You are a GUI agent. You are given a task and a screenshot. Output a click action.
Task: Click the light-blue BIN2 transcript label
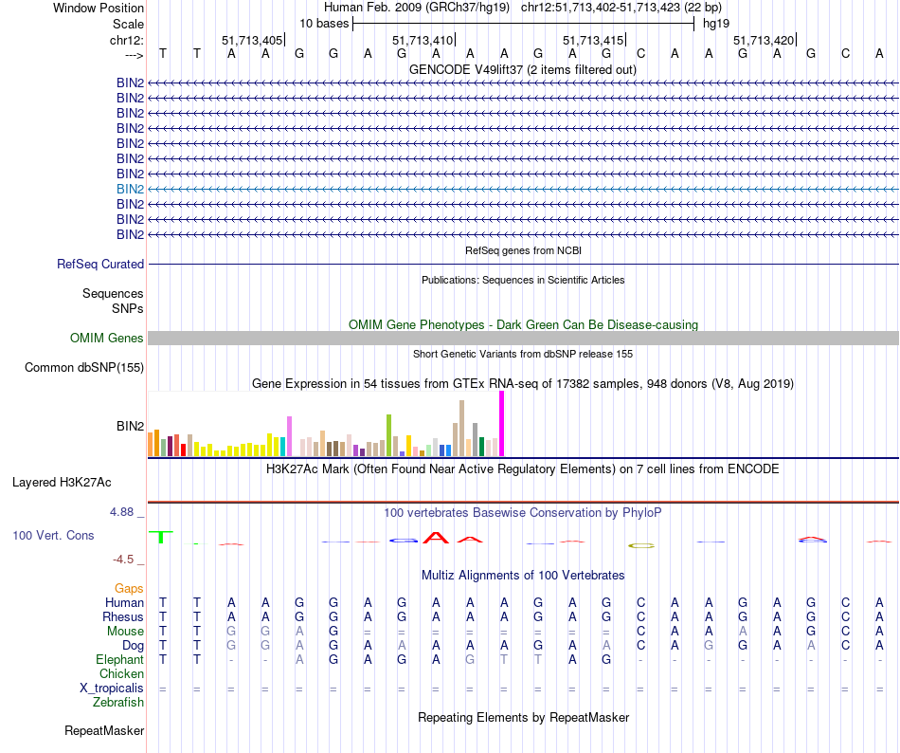pyautogui.click(x=131, y=189)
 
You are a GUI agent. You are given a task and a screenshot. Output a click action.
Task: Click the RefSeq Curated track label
pyautogui.click(x=100, y=265)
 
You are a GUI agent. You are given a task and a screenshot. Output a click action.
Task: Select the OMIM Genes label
pyautogui.click(x=107, y=339)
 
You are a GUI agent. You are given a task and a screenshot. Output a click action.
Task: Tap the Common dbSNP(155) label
pyautogui.click(x=84, y=368)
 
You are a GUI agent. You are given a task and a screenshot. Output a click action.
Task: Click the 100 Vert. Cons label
pyautogui.click(x=53, y=536)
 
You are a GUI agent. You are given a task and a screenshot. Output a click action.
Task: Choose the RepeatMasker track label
pyautogui.click(x=104, y=731)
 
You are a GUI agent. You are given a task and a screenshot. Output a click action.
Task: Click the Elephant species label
pyautogui.click(x=119, y=660)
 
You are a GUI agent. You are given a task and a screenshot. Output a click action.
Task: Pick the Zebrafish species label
pyautogui.click(x=118, y=703)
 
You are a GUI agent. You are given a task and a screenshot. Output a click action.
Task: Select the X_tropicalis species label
pyautogui.click(x=107, y=689)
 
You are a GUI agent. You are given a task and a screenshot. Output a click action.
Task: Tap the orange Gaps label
pyautogui.click(x=129, y=589)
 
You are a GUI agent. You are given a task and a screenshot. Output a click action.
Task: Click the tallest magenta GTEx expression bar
pyautogui.click(x=501, y=423)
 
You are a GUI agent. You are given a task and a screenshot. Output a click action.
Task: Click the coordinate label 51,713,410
pyautogui.click(x=422, y=41)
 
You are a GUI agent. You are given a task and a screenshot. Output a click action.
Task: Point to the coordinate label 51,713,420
pyautogui.click(x=763, y=41)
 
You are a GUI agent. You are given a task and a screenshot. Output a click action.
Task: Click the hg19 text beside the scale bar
pyautogui.click(x=716, y=23)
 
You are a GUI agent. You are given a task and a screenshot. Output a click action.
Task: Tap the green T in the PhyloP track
pyautogui.click(x=163, y=537)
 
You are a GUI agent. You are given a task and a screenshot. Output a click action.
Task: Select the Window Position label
pyautogui.click(x=99, y=8)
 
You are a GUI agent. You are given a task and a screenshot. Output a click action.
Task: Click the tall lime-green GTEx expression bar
pyautogui.click(x=388, y=435)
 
